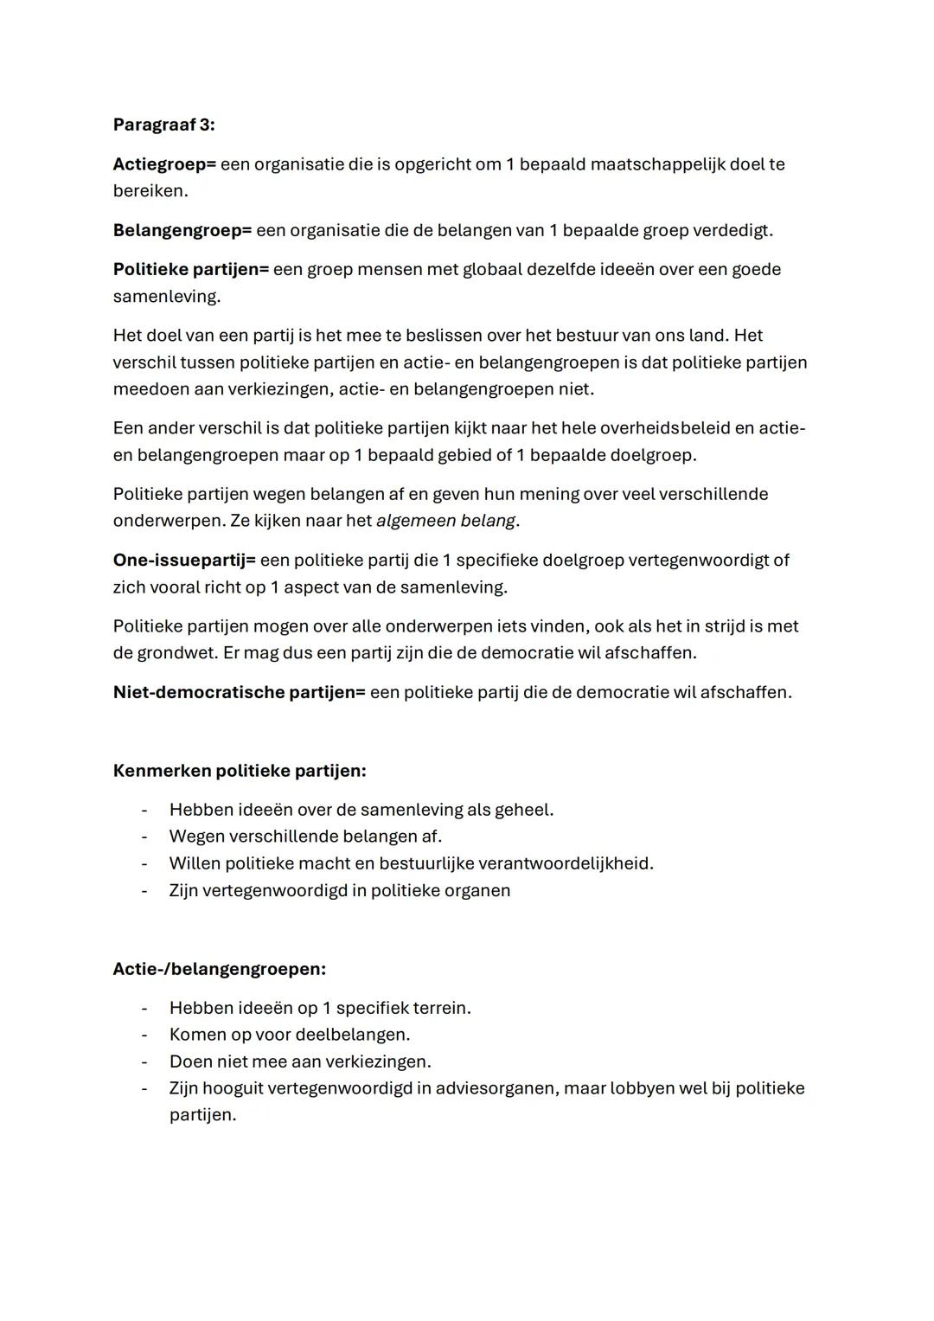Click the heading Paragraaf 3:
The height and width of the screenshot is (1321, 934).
pyautogui.click(x=163, y=125)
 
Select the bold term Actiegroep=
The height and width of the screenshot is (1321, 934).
pyautogui.click(x=164, y=164)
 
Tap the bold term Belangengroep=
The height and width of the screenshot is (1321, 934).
pyautogui.click(x=182, y=230)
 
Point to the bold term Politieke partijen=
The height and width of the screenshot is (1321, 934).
pyautogui.click(x=191, y=269)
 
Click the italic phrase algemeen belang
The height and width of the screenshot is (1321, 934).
pyautogui.click(x=445, y=521)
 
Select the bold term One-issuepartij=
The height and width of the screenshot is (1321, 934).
pyautogui.click(x=184, y=560)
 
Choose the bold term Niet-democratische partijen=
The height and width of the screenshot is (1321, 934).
pyautogui.click(x=240, y=692)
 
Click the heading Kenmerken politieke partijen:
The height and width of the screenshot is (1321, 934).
pyautogui.click(x=240, y=770)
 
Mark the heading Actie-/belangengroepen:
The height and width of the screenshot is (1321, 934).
pyautogui.click(x=220, y=969)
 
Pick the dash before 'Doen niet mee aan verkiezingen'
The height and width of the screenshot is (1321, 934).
pyautogui.click(x=144, y=1061)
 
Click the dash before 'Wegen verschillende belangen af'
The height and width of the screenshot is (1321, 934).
pyautogui.click(x=144, y=837)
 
